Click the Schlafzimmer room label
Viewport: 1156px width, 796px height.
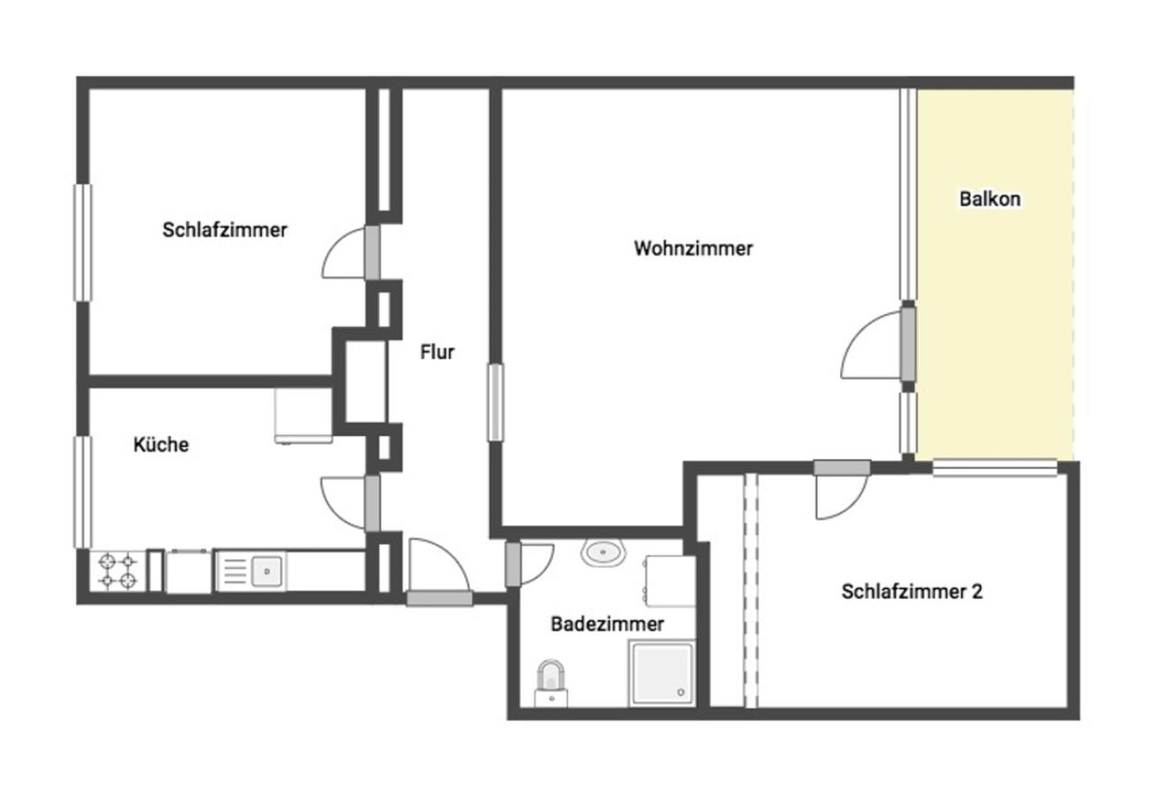[x=225, y=230]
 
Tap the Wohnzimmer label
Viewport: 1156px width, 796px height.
[x=693, y=249]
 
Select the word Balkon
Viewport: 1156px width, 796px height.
[x=990, y=199]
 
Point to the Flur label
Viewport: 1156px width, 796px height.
[x=437, y=352]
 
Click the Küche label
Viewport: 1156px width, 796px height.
[x=161, y=444]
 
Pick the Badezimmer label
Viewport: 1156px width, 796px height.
[x=607, y=624]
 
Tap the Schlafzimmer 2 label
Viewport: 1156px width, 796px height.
[x=912, y=592]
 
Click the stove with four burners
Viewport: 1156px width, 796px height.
[x=118, y=571]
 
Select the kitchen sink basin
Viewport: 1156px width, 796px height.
[x=266, y=571]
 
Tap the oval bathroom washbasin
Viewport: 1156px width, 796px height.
[x=604, y=553]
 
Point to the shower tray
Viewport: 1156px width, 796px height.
[x=662, y=673]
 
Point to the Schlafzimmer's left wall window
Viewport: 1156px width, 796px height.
[x=82, y=242]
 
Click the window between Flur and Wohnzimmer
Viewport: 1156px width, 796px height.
[x=496, y=402]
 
